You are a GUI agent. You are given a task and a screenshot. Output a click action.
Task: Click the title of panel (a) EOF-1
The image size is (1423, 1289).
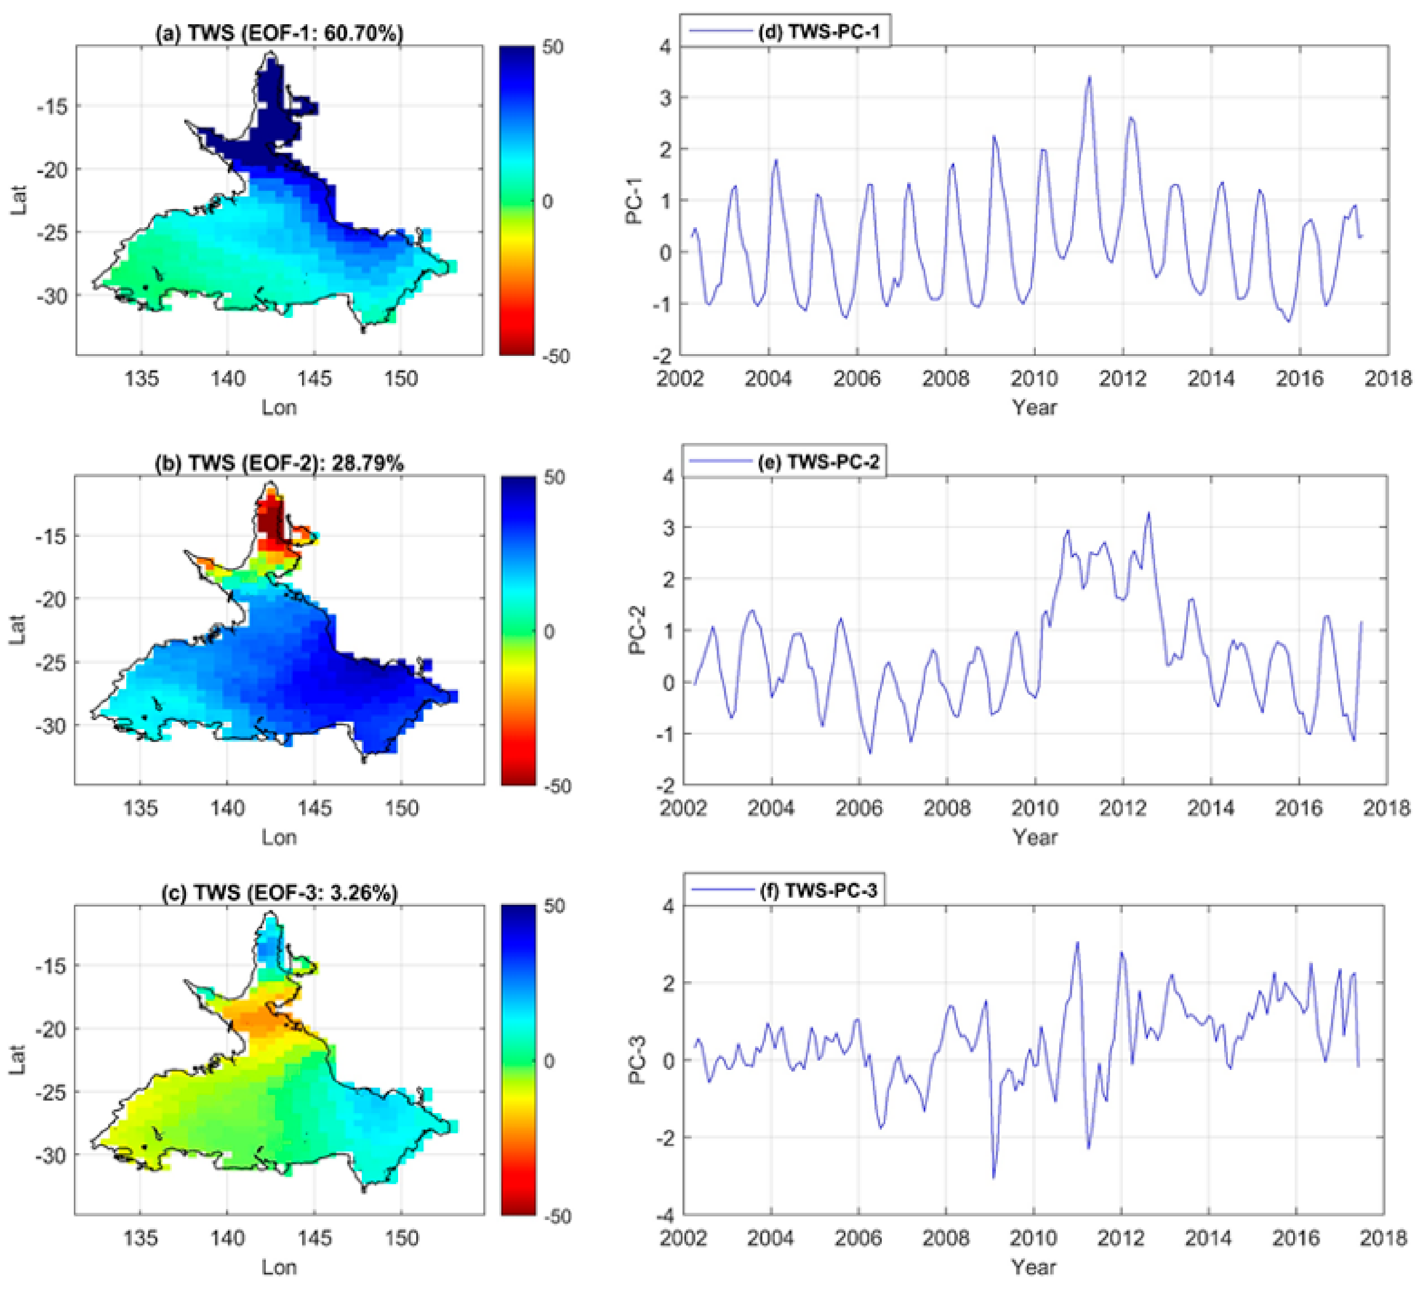pyautogui.click(x=280, y=33)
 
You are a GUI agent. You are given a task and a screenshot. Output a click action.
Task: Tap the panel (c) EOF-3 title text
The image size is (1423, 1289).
pyautogui.click(x=280, y=892)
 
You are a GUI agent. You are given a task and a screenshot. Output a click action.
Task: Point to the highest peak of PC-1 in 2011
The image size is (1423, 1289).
pyautogui.click(x=1089, y=77)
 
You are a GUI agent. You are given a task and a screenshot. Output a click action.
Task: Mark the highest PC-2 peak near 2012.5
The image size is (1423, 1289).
pyautogui.click(x=1148, y=513)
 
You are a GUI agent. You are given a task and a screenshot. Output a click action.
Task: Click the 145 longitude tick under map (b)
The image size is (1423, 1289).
pyautogui.click(x=314, y=808)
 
